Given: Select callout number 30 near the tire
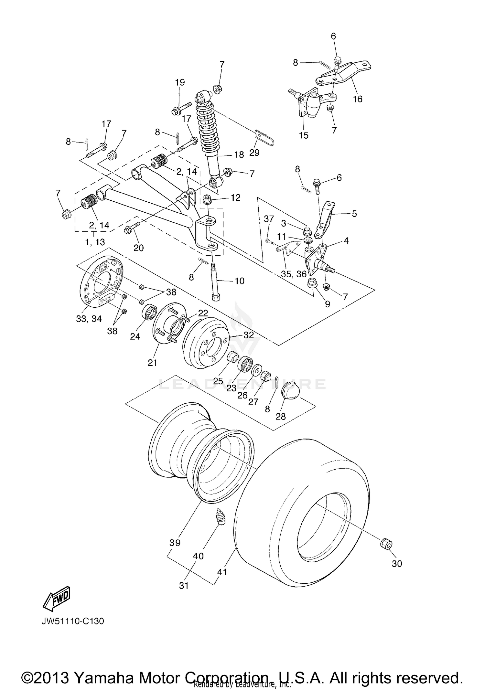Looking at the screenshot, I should tap(397, 563).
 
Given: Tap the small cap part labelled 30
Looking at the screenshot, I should tap(386, 544).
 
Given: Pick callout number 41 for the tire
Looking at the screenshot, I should tap(222, 572).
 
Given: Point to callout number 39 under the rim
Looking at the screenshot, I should tap(175, 543).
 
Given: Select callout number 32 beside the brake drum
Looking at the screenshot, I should tap(249, 335).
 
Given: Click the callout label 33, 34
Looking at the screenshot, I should tap(89, 319).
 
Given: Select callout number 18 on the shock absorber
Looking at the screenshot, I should tap(239, 155).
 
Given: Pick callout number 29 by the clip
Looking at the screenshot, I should tap(254, 153).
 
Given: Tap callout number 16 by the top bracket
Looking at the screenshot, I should tap(357, 99).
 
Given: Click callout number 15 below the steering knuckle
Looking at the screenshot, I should tap(303, 135).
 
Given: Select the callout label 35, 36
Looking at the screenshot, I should tap(293, 274).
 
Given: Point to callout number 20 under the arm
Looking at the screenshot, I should tap(138, 248).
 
